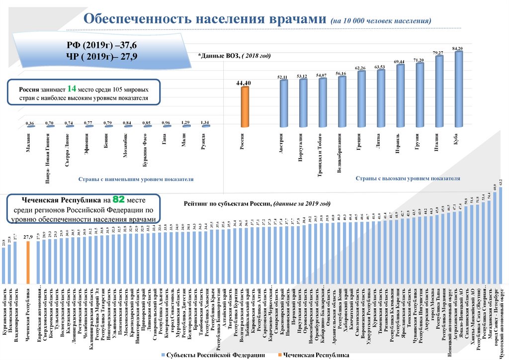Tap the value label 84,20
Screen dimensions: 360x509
click(457, 48)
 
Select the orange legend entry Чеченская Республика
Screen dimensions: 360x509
click(317, 355)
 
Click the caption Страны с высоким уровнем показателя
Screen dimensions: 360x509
click(408, 178)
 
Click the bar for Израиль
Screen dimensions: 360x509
click(400, 98)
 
